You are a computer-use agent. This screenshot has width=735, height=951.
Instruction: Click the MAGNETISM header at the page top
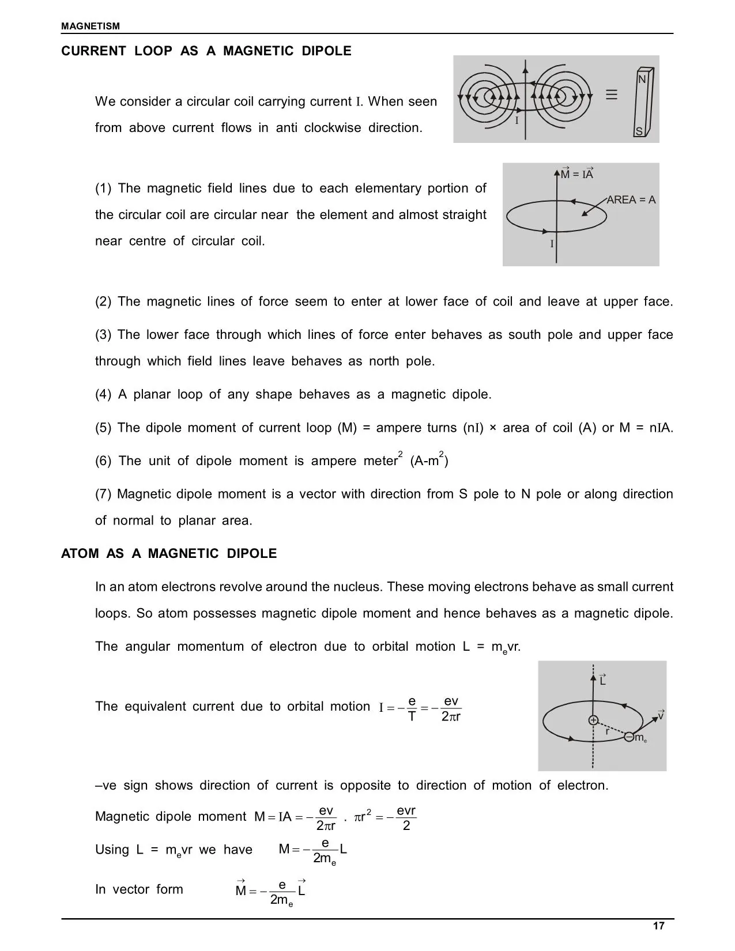(91, 26)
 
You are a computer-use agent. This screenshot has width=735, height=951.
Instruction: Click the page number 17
(658, 926)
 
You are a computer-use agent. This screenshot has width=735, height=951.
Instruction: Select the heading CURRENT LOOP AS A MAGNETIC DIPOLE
(206, 51)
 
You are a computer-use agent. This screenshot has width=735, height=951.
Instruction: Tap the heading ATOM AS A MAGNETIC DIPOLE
(169, 553)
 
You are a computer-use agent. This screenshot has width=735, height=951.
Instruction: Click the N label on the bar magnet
(642, 80)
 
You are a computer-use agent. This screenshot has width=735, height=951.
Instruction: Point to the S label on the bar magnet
(639, 132)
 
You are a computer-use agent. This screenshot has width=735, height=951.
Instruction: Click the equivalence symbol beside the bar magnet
(612, 95)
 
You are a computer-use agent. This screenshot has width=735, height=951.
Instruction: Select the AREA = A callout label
(631, 200)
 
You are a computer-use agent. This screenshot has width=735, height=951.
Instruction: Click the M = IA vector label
(577, 174)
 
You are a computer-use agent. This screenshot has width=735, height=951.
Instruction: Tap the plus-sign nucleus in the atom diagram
(593, 720)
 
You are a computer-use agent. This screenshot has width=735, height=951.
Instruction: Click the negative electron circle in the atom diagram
(630, 737)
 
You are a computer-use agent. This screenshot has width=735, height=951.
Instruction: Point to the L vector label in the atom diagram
(602, 681)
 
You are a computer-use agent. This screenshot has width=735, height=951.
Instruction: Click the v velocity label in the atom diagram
(661, 715)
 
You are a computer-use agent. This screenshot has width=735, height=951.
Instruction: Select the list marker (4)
(103, 394)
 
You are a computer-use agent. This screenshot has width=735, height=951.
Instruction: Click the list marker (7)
(103, 494)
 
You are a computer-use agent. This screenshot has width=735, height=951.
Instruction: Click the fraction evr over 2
(406, 818)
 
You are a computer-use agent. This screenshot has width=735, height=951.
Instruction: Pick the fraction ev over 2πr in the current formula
(451, 708)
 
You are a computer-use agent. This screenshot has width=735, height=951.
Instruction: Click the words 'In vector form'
(139, 889)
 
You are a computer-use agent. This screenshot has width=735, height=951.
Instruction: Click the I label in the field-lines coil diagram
(517, 121)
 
